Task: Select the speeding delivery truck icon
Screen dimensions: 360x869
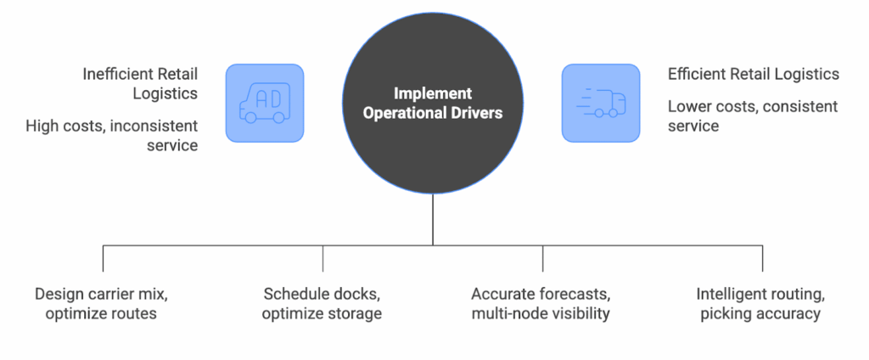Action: (600, 104)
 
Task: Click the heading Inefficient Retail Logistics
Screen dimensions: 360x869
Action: (140, 83)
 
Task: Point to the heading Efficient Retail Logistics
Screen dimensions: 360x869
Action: (753, 74)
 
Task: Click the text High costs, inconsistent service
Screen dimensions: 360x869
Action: (111, 135)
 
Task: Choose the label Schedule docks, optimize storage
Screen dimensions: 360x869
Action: (322, 304)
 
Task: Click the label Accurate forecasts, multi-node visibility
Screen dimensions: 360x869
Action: (543, 304)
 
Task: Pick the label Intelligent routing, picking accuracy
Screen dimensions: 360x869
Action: (762, 304)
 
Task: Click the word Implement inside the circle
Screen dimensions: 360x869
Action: (433, 93)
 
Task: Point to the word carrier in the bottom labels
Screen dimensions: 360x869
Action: (110, 295)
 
